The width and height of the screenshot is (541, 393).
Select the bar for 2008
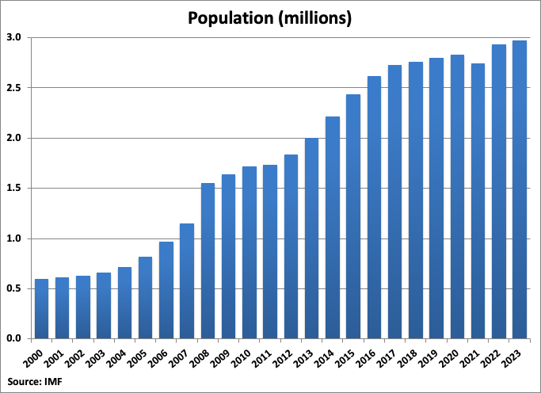(x=208, y=261)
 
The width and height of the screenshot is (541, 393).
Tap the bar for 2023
(x=520, y=189)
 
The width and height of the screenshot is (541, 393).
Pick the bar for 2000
(x=41, y=308)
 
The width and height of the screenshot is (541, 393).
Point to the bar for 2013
(x=312, y=238)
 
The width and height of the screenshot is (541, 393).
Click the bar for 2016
(x=374, y=207)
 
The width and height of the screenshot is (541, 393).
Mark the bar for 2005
(x=145, y=297)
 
